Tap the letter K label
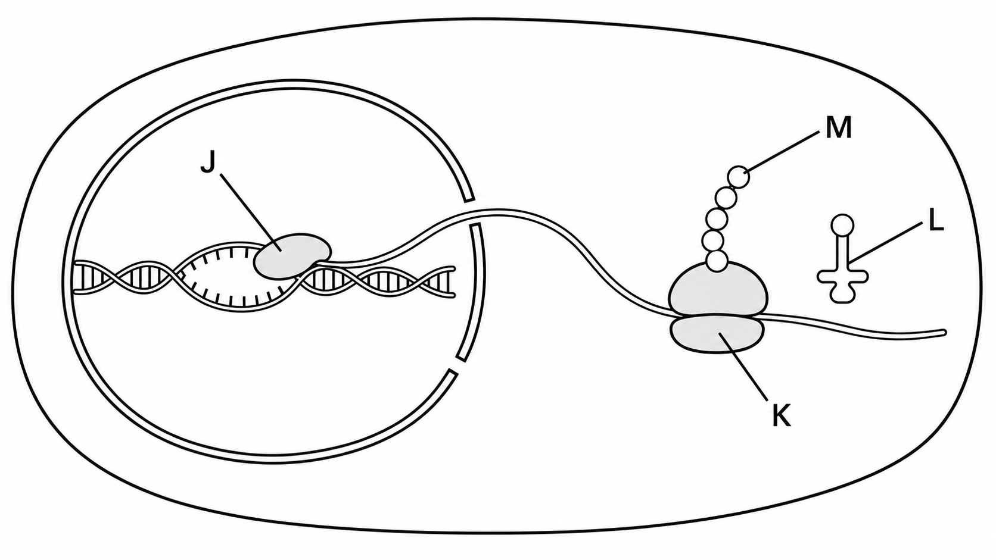coord(781,417)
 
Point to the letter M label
coord(839,128)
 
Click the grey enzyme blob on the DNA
coord(292,256)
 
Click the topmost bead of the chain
coord(739,177)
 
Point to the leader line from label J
coord(251,212)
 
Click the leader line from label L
coord(885,242)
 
